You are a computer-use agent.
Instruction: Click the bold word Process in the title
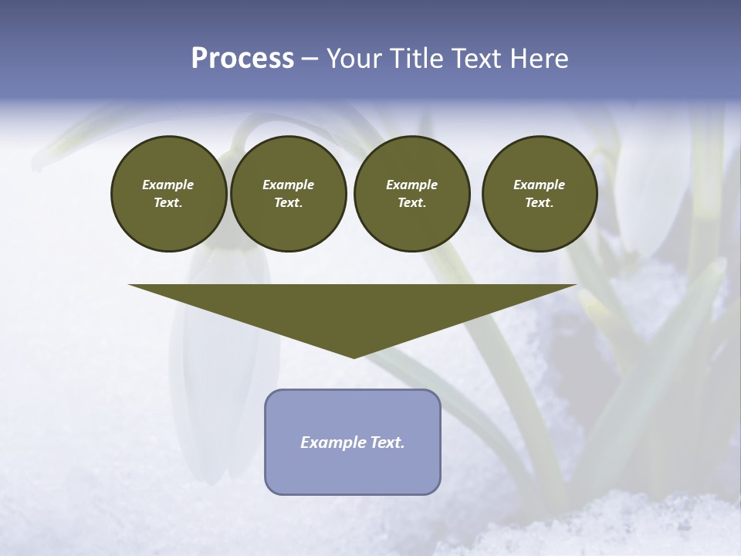tap(242, 59)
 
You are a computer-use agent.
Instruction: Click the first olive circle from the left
tap(168, 194)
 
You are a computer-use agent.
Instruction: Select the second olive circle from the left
tap(288, 194)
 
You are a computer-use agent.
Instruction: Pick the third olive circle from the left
tap(411, 194)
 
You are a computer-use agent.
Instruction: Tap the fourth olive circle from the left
tap(539, 194)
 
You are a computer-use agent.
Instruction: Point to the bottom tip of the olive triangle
tap(354, 356)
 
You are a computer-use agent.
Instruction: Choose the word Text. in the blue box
tap(386, 442)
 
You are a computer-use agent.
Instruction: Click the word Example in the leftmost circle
tap(168, 185)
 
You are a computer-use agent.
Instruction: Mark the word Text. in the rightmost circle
tap(539, 203)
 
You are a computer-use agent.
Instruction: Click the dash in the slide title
tap(310, 59)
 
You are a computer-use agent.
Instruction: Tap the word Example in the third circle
tap(411, 185)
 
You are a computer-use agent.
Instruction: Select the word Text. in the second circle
tap(288, 203)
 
